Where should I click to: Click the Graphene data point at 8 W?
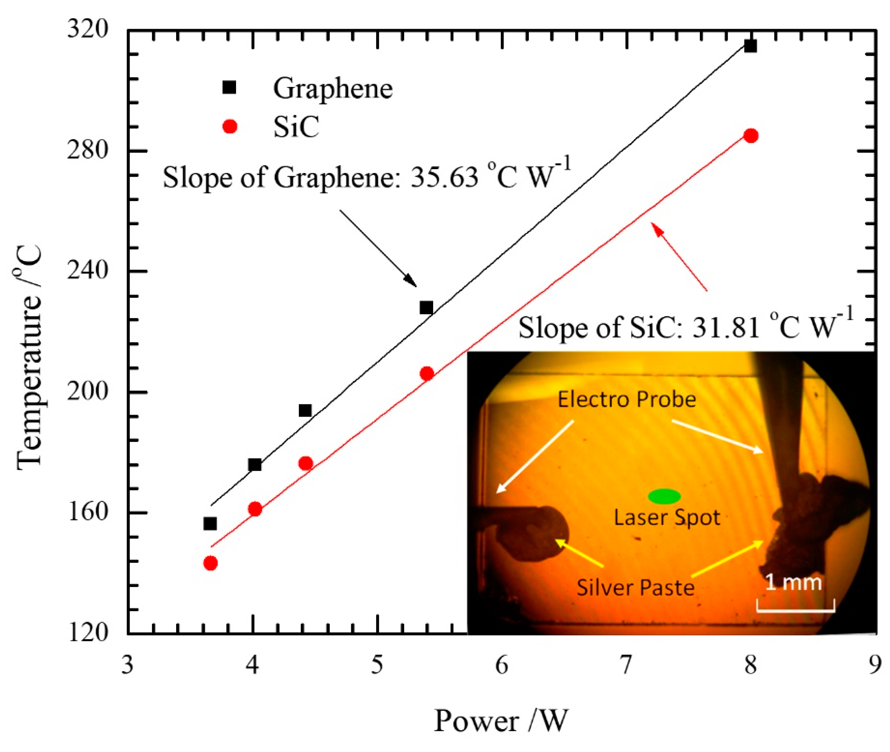coord(750,46)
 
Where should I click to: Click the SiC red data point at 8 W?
coord(750,136)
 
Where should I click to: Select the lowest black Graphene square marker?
coord(210,524)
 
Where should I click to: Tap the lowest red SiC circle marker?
coord(211,563)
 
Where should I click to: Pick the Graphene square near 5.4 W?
coord(426,308)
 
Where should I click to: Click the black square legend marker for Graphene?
coord(229,87)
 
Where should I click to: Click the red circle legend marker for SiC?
coord(230,126)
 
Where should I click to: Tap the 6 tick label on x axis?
coord(502,665)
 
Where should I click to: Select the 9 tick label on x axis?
coord(874,665)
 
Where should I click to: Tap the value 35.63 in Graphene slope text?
coord(444,177)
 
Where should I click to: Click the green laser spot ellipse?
coord(664,496)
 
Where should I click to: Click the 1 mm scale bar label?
coord(793,582)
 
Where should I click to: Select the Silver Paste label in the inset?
coord(635,587)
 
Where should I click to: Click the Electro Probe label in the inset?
coord(627,399)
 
